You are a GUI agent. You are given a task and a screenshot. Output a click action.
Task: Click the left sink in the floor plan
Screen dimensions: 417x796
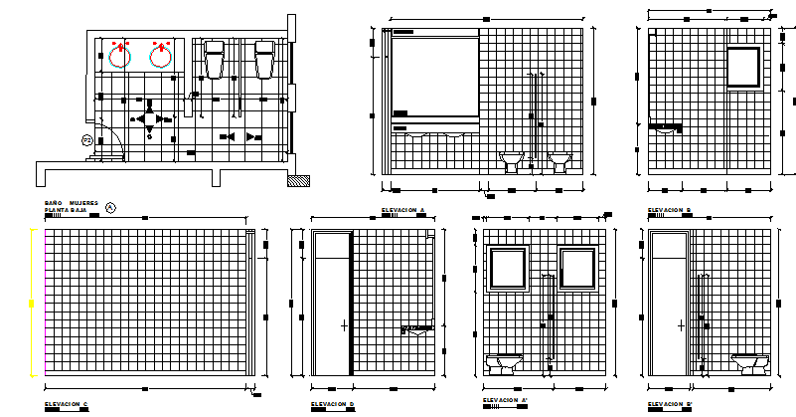[x=119, y=55]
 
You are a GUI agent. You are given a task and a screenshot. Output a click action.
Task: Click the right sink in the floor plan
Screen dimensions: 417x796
[x=161, y=55]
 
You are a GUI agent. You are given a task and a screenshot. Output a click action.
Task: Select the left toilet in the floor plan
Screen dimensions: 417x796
[x=215, y=60]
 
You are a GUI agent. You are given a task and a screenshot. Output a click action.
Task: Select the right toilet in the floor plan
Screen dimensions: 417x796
[x=264, y=60]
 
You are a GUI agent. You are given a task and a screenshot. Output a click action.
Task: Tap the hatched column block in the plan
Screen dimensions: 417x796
[x=296, y=180]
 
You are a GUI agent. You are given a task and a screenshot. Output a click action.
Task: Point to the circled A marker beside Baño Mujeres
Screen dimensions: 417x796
[x=110, y=207]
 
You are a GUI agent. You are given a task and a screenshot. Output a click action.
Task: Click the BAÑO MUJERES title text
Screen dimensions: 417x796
[x=71, y=202]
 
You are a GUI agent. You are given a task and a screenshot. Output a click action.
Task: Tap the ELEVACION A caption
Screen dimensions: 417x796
[x=402, y=210]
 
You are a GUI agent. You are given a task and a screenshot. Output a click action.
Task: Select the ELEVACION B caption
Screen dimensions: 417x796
[x=670, y=210]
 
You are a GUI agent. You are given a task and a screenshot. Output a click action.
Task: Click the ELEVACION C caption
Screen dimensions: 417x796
[x=66, y=404]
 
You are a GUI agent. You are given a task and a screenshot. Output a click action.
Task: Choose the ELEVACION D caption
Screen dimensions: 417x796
[x=332, y=404]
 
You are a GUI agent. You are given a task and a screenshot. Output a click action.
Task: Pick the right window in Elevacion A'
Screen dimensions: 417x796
[x=577, y=270]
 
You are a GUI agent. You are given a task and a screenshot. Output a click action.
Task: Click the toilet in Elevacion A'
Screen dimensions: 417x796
[x=505, y=363]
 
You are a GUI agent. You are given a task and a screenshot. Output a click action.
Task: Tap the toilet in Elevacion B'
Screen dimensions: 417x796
[x=750, y=362]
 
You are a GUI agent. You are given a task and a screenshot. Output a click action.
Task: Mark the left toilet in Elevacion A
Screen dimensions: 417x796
[x=512, y=162]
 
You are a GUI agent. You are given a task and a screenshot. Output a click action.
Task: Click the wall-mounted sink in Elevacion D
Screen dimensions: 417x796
[x=417, y=328]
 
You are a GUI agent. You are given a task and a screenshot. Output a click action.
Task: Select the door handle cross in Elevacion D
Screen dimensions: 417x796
[x=344, y=325]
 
